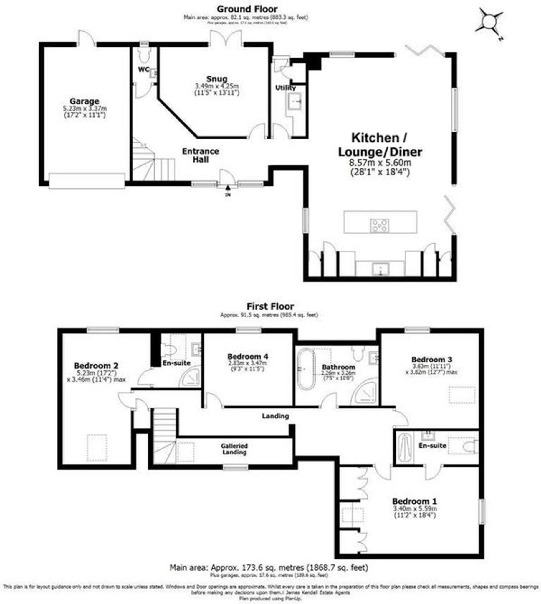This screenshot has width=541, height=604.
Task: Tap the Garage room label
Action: pos(85,101)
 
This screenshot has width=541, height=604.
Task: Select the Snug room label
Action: pos(217,79)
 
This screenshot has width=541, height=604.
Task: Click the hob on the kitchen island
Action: pos(379,225)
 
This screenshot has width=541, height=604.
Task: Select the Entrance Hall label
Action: pos(201,155)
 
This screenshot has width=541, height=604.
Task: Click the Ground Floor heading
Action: pos(247,9)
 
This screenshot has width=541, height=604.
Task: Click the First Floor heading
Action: pos(270,306)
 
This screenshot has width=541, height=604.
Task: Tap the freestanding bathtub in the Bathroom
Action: pos(306,369)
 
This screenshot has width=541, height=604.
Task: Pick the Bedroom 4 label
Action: pos(248,356)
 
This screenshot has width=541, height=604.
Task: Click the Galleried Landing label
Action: pos(234,449)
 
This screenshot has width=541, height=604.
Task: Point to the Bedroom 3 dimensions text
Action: pos(431,369)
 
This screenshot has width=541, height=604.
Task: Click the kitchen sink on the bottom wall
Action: pos(381,268)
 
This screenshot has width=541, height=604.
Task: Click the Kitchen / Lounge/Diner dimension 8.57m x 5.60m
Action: pos(380,163)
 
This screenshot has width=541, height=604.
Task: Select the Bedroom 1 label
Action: pos(415,501)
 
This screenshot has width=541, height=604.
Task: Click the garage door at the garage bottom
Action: pos(87,180)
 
